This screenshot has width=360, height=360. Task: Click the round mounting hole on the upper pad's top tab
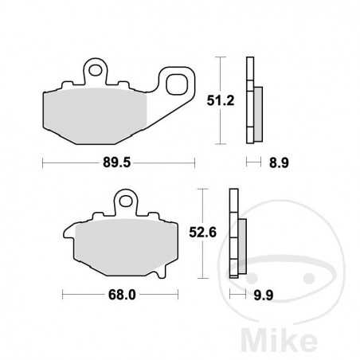(x=97, y=71)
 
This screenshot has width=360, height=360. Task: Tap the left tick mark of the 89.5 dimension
(x=41, y=162)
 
